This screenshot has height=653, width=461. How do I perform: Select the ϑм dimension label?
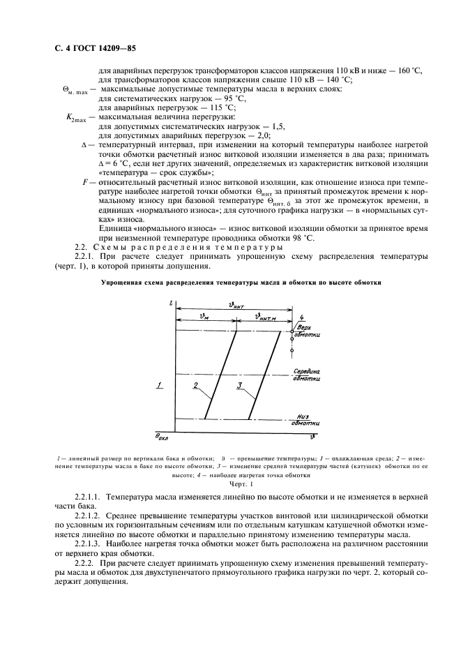coord(203,316)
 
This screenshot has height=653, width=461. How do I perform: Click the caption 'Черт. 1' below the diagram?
coord(241,483)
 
